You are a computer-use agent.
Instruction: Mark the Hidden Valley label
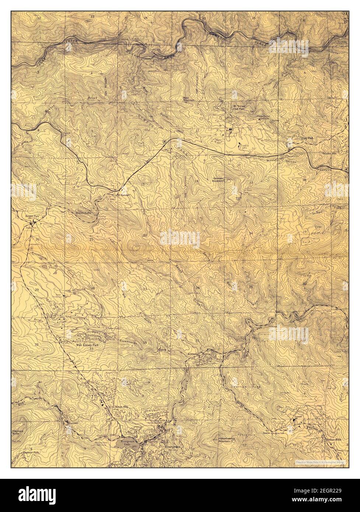coord(83,213)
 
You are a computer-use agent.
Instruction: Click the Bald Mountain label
coord(189,99)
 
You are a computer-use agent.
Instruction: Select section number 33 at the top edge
coord(92,17)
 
